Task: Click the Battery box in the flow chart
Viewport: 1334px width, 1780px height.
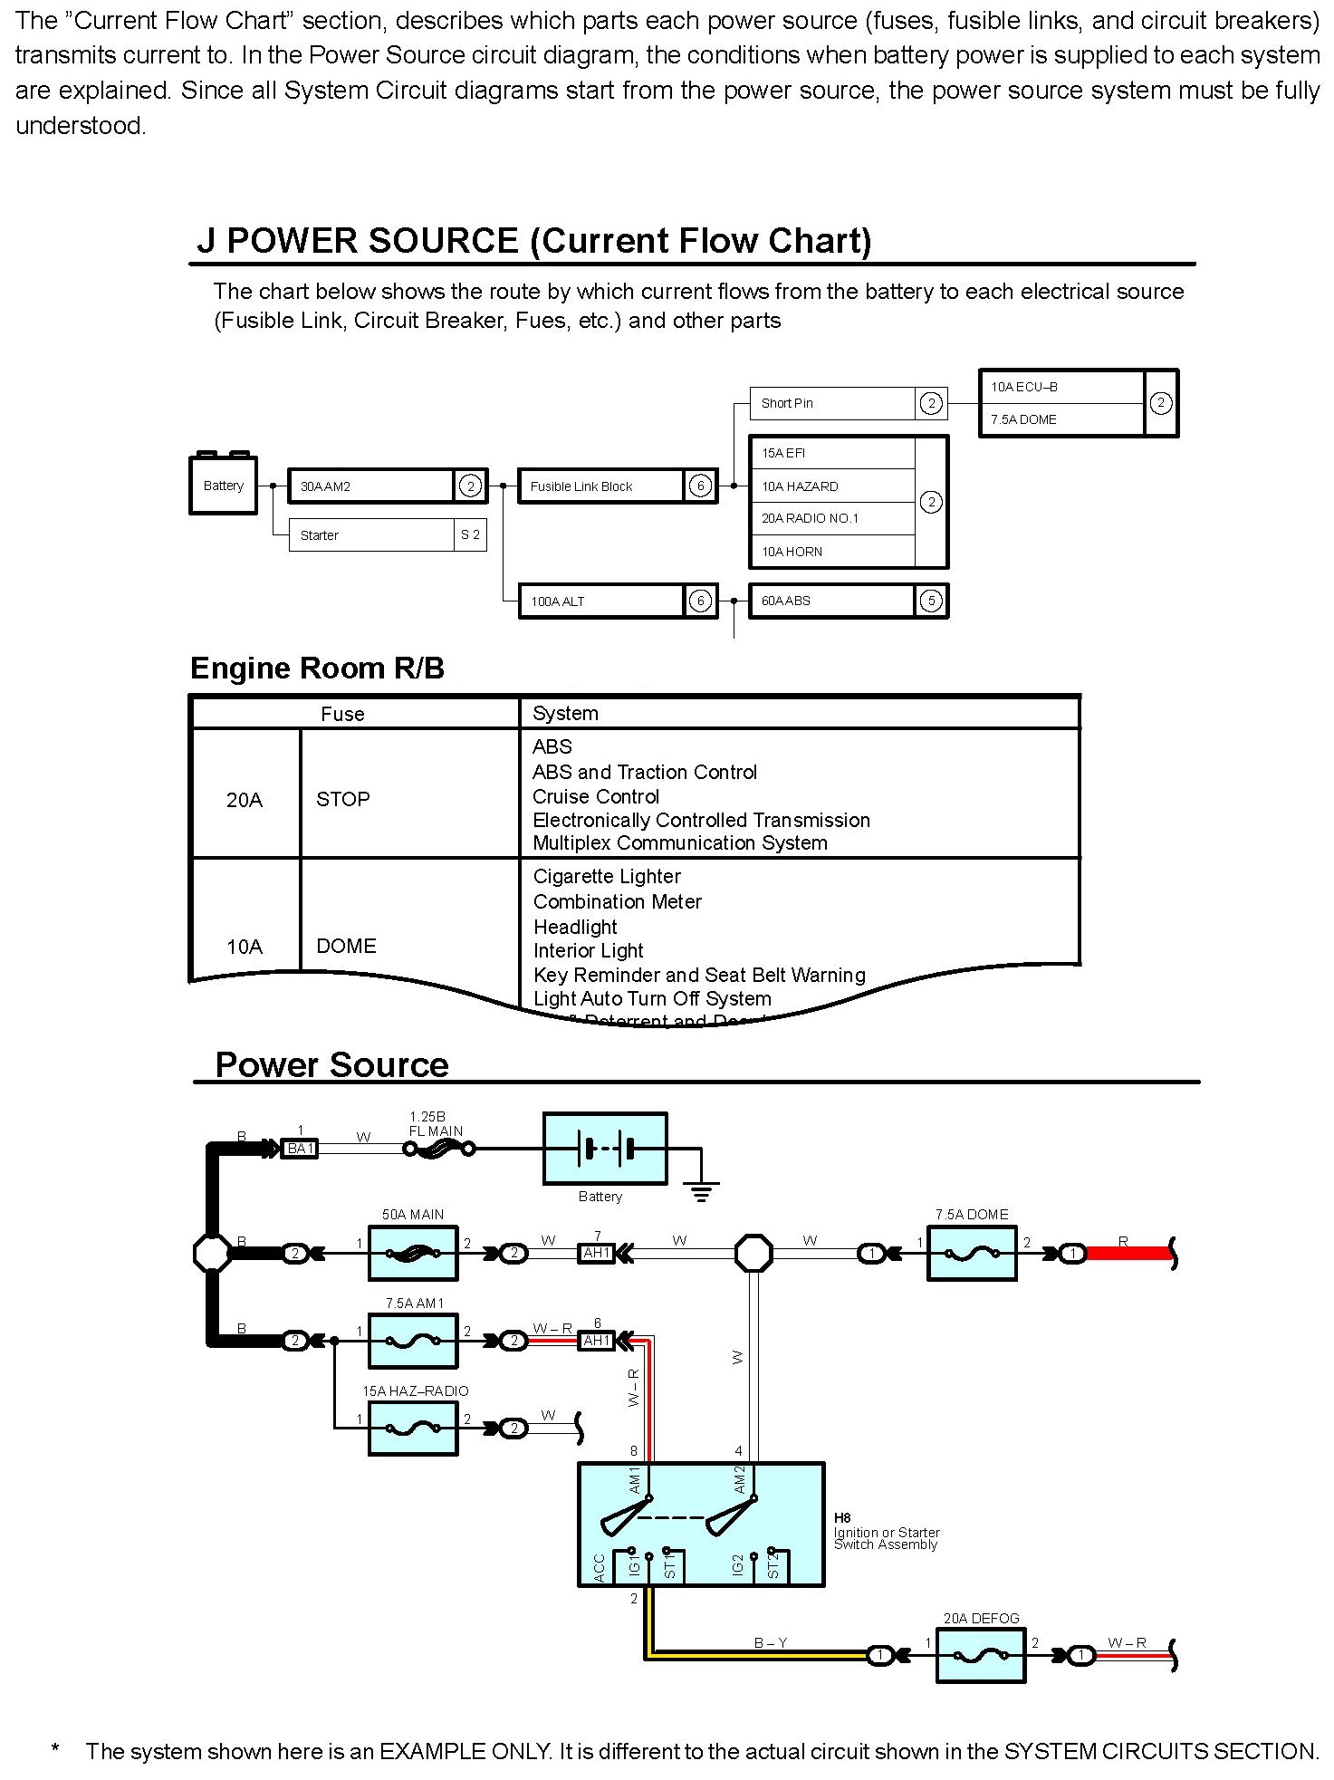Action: [223, 486]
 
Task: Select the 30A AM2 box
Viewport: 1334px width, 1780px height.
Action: [371, 486]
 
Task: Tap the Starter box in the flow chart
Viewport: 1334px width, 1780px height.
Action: [371, 535]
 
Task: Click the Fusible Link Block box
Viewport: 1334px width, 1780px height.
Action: [601, 486]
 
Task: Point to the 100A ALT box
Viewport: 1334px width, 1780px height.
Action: [601, 601]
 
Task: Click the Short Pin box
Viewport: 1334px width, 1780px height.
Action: [831, 403]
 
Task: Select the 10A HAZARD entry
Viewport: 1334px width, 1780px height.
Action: [831, 486]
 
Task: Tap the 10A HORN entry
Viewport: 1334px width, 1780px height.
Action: [831, 552]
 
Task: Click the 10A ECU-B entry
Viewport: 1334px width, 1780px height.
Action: [1060, 387]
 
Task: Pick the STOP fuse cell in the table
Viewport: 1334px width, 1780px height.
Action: [343, 799]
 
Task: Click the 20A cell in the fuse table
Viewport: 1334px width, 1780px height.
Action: [245, 799]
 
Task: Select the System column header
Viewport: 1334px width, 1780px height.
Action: [565, 713]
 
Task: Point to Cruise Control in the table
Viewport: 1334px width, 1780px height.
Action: [596, 796]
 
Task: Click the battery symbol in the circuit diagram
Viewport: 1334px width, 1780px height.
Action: [605, 1149]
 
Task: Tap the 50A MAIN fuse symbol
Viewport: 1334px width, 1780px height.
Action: [413, 1254]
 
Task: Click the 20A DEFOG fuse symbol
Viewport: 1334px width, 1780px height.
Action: [981, 1656]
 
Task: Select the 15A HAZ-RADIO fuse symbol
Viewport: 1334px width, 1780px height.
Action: [413, 1429]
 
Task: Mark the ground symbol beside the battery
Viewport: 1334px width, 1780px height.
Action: [701, 1190]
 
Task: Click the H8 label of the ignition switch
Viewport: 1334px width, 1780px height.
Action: [842, 1517]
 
